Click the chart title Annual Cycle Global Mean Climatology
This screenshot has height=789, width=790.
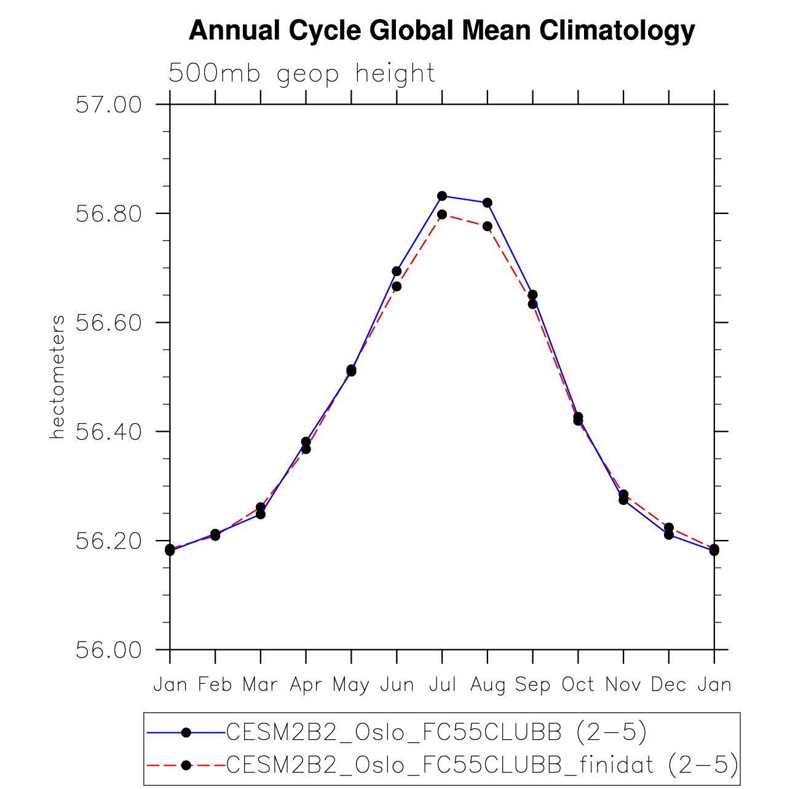(441, 30)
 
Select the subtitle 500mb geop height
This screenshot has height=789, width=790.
(302, 74)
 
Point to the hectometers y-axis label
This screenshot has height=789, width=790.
(57, 376)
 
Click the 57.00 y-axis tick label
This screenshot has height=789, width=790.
(108, 105)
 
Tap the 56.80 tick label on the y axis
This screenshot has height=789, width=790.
(108, 213)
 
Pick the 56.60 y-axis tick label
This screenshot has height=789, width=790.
(108, 322)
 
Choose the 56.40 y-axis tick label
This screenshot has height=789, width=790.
(108, 432)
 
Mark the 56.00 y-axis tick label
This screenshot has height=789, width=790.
(108, 649)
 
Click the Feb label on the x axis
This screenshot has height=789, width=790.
(215, 684)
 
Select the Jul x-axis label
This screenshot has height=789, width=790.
(442, 684)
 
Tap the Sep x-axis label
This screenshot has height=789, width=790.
(532, 684)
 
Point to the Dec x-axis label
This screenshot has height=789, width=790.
(668, 684)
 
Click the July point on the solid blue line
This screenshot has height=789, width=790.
(442, 196)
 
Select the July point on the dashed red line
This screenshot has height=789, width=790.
(442, 214)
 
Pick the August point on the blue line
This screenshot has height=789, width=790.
(488, 202)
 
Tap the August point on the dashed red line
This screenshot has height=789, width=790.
(488, 226)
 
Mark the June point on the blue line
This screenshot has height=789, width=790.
(397, 271)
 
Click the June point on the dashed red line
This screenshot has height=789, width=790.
(397, 286)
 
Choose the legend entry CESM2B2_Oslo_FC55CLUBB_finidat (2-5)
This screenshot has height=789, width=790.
(482, 765)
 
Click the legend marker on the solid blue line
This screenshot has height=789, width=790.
(186, 732)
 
